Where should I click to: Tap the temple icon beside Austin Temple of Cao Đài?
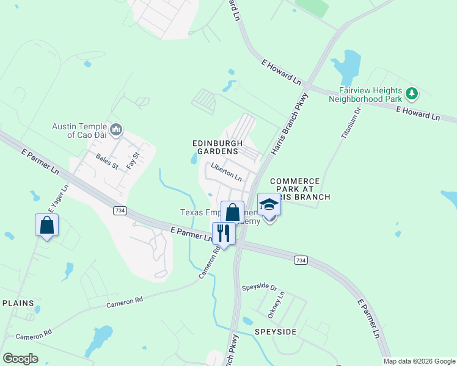117,129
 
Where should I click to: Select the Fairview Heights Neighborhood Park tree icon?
413,93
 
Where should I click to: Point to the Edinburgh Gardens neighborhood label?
214,146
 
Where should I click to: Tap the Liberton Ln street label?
226,173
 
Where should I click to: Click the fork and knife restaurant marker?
224,233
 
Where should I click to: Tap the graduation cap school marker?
269,205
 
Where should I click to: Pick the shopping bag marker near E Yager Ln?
47,225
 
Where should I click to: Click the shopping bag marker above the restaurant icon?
232,212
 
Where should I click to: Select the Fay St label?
133,161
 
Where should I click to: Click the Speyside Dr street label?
259,287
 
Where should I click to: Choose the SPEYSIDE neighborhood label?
277,331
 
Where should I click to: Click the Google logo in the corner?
20,359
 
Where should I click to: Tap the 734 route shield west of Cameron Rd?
120,210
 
